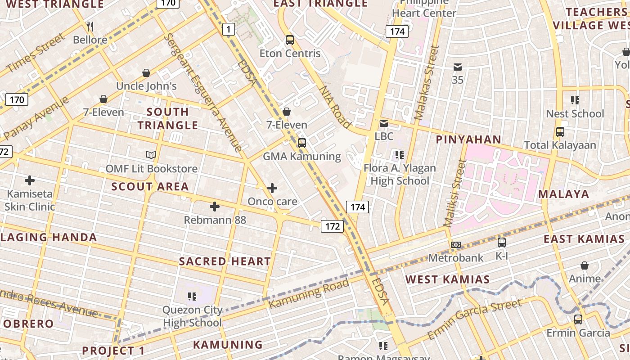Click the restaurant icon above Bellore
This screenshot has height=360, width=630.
[90, 27]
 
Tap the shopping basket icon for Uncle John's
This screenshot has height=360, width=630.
[146, 73]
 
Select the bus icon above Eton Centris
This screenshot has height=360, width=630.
[290, 40]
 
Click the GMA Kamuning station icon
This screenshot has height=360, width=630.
[302, 143]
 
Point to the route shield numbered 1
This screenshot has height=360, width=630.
[229, 30]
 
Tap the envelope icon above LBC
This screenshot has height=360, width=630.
[384, 123]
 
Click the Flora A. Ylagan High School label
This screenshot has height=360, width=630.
[400, 175]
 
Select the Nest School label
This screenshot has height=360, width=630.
[575, 114]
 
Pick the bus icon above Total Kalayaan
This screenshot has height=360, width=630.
[560, 132]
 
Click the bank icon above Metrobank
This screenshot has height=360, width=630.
[456, 245]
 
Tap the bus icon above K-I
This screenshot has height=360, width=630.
[502, 243]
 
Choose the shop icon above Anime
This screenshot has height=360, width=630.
[585, 265]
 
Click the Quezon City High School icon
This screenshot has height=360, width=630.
[192, 296]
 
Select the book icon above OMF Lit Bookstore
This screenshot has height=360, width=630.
[151, 155]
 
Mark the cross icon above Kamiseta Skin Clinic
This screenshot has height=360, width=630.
[30, 181]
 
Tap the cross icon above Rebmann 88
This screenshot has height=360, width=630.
[215, 207]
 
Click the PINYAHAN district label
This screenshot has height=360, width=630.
[468, 139]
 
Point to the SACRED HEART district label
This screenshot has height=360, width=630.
[225, 261]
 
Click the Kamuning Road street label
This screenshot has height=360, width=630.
[309, 294]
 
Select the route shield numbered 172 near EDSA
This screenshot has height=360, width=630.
[332, 226]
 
